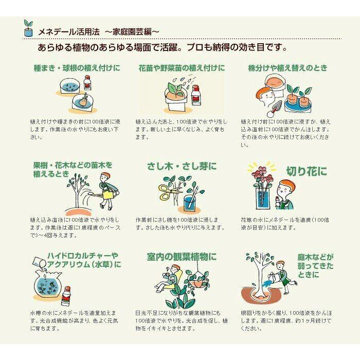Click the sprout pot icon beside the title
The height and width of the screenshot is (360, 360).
pyautogui.click(x=28, y=28)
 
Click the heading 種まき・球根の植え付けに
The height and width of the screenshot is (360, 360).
pyautogui.click(x=77, y=68)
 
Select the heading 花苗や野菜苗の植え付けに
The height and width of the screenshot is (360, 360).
pyautogui.click(x=182, y=68)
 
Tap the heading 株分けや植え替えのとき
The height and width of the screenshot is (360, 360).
pyautogui.click(x=287, y=68)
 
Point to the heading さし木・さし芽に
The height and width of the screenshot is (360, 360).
pyautogui.click(x=182, y=167)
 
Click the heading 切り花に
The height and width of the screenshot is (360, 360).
pyautogui.click(x=307, y=171)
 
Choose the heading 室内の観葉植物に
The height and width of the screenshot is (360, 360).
pyautogui.click(x=182, y=257)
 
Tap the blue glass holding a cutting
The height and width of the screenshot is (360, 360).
pyautogui.click(x=192, y=202)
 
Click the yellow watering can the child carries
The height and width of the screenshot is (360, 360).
pyautogui.click(x=109, y=195)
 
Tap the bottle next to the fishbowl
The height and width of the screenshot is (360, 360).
pyautogui.click(x=66, y=296)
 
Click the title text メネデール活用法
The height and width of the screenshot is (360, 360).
pyautogui.click(x=69, y=32)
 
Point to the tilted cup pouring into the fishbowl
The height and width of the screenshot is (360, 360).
pyautogui.click(x=39, y=262)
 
